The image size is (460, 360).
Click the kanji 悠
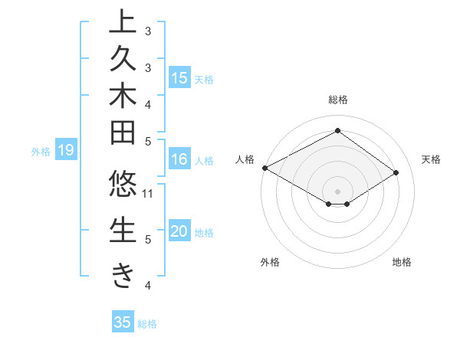click(x=123, y=186)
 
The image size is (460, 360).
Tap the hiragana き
click(x=123, y=274)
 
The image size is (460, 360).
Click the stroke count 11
click(x=149, y=193)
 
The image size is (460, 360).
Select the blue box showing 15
click(x=179, y=78)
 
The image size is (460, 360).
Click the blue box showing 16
click(x=179, y=159)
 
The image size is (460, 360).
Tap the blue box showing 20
click(x=179, y=231)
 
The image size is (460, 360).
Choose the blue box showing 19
click(x=66, y=151)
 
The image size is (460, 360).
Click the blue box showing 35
click(x=123, y=322)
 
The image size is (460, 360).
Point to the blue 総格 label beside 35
click(x=148, y=324)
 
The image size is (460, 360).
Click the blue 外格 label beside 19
click(x=41, y=152)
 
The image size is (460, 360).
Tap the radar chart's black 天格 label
click(x=432, y=159)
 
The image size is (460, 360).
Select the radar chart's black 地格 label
click(x=402, y=263)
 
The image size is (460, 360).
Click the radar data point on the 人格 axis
click(x=264, y=168)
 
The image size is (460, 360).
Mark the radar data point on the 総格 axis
click(x=337, y=131)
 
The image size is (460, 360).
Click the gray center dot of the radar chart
click(x=337, y=191)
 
